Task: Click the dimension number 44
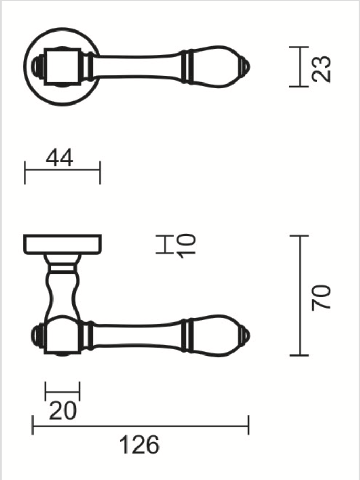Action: [x=59, y=158]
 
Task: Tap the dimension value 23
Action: [x=321, y=69]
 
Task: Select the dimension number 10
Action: [x=186, y=246]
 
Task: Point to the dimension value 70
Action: [x=321, y=298]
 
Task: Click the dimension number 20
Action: [x=62, y=411]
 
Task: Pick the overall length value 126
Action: [x=139, y=445]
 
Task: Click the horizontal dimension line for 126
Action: [x=141, y=425]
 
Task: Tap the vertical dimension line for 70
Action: [x=300, y=296]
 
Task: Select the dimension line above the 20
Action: [x=62, y=391]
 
